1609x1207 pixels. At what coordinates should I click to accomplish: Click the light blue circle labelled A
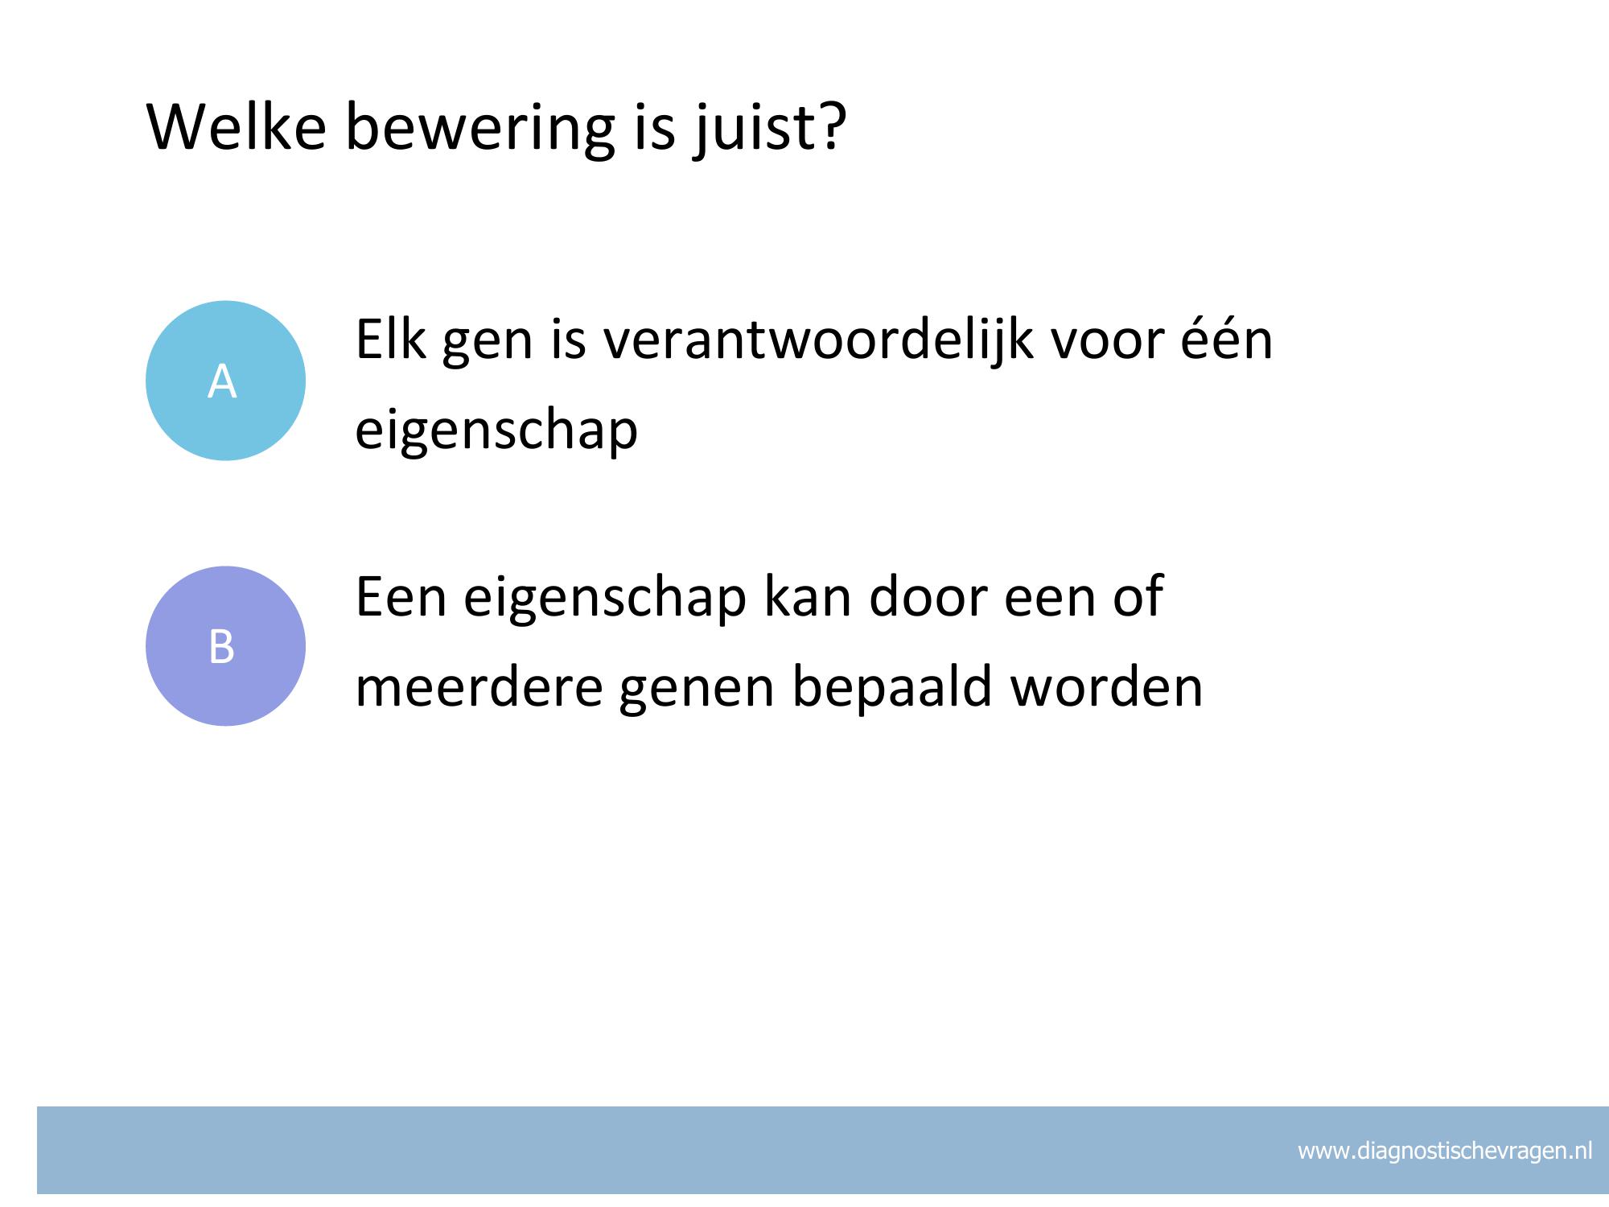[225, 381]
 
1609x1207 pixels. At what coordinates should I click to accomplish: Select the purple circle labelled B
[225, 646]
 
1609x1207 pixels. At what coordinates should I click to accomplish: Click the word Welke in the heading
[237, 126]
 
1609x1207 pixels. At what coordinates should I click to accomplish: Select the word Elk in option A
[389, 338]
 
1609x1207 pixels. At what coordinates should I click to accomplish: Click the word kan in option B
[807, 595]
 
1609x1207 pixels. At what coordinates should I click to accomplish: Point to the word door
[928, 595]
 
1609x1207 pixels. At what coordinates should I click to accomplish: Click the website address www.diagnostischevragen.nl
[1445, 1151]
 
